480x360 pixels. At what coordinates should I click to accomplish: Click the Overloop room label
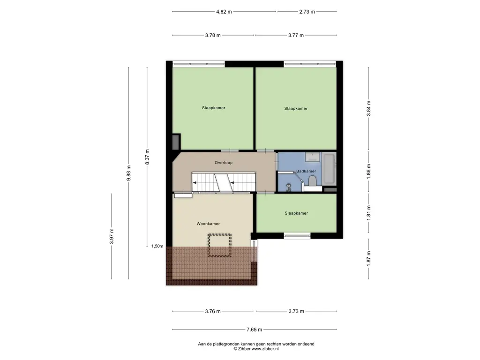pos(224,163)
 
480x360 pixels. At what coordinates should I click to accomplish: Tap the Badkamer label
pos(306,171)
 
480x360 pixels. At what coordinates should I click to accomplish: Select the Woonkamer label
pos(208,224)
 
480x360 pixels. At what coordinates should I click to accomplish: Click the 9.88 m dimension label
pos(128,173)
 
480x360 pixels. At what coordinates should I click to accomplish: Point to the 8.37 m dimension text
pos(147,157)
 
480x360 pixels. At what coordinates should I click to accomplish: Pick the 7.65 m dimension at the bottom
pos(255,330)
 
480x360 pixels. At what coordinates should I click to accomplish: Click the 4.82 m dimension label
pos(224,12)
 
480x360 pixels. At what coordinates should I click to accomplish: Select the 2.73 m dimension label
pos(307,12)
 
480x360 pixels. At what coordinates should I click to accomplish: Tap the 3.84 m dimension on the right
pos(368,108)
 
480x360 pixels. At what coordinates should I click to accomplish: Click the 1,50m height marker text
pos(157,246)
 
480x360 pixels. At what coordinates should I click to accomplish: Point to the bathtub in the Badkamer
pos(330,169)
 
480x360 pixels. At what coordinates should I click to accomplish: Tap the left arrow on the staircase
pos(195,183)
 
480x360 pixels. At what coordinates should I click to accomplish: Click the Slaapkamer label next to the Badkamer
pos(296,213)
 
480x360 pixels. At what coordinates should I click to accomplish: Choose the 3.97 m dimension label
pos(112,236)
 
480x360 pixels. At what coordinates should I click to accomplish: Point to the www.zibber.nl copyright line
pos(256,349)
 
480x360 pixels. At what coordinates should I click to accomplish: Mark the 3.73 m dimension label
pos(296,311)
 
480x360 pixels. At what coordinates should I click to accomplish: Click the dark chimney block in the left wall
pos(176,142)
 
